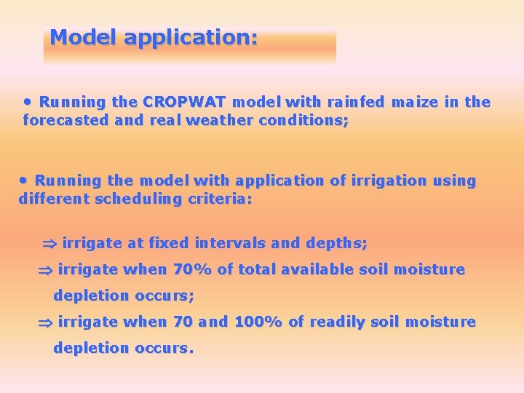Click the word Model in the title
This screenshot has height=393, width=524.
click(84, 37)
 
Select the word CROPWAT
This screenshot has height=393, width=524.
click(185, 103)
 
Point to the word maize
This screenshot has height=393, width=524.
click(415, 103)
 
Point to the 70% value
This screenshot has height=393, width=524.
click(192, 270)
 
